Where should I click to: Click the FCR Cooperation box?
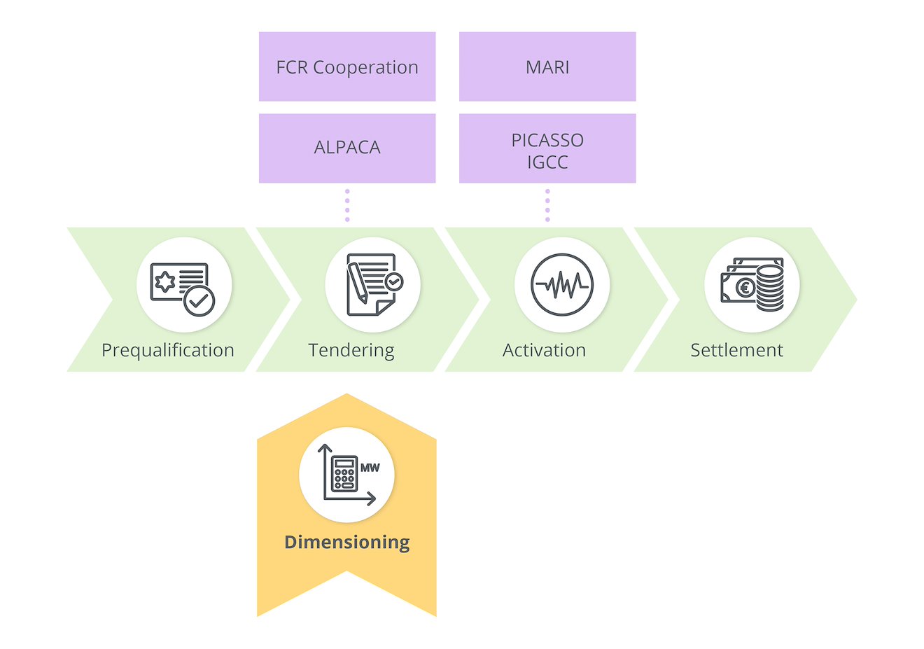347,67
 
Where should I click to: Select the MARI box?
547,67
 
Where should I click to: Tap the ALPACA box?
347,148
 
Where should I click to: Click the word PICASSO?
547,140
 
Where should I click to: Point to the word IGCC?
547,162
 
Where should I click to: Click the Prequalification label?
168,350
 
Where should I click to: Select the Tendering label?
351,350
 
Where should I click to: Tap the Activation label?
544,350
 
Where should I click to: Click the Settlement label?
736,350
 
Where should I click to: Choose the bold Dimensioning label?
347,542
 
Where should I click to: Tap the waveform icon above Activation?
562,285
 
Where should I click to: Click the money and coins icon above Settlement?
752,285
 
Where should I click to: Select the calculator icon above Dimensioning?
344,475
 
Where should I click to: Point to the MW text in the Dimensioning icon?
370,467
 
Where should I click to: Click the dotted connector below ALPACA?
347,205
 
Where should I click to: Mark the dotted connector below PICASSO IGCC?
547,205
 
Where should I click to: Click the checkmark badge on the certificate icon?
199,302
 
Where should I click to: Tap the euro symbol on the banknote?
745,288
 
